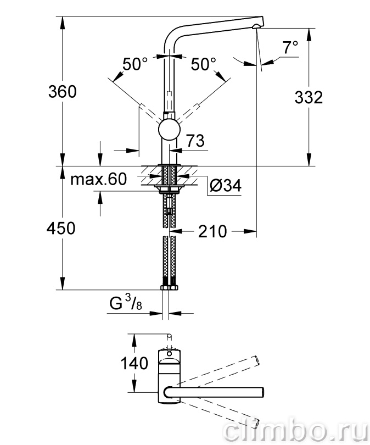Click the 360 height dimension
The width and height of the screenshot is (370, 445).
[63, 92]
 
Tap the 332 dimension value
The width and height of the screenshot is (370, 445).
[309, 97]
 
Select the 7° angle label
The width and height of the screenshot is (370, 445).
[290, 47]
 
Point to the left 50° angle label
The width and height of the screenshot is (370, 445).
[135, 64]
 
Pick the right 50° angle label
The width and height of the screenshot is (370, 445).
[203, 64]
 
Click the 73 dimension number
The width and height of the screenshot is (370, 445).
[195, 141]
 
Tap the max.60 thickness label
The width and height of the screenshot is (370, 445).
[98, 179]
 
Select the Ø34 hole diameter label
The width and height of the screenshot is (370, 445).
[226, 186]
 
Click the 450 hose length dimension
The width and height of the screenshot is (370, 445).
[61, 228]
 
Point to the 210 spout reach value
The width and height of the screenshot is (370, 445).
[212, 231]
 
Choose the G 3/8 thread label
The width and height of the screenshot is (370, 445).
[126, 303]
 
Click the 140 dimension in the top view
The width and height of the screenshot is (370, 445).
[134, 363]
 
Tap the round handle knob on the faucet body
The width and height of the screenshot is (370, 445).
[169, 130]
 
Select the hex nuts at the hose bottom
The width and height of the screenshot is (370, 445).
[169, 287]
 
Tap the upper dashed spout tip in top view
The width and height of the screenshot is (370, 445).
[256, 360]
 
